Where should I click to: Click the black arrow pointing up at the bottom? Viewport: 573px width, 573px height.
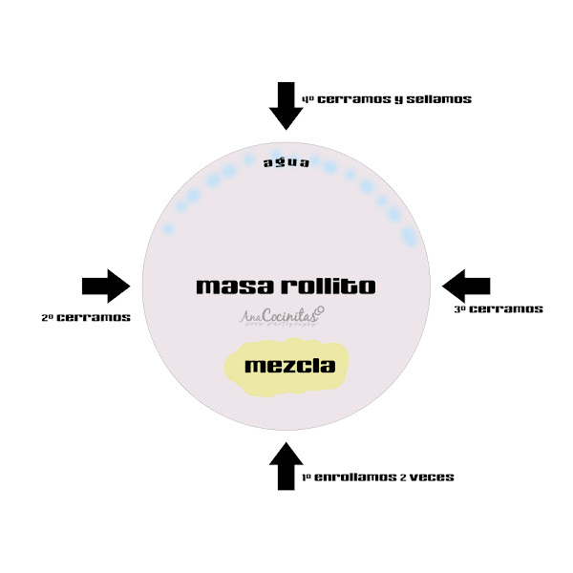(286, 465)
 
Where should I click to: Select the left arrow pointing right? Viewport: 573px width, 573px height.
(106, 286)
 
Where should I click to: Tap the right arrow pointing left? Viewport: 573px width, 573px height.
(466, 286)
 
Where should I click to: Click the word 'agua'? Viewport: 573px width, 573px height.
(286, 162)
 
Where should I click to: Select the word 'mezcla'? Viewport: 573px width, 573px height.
(284, 366)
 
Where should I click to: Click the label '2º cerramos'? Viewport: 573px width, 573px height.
(86, 317)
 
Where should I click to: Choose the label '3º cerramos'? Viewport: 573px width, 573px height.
(498, 308)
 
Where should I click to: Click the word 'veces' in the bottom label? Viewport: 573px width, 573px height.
(433, 477)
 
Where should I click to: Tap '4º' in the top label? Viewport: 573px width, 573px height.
(308, 98)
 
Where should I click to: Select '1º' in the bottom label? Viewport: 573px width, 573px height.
(308, 477)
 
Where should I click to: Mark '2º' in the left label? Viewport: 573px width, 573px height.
(48, 317)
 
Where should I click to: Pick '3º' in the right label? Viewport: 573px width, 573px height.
(459, 308)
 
